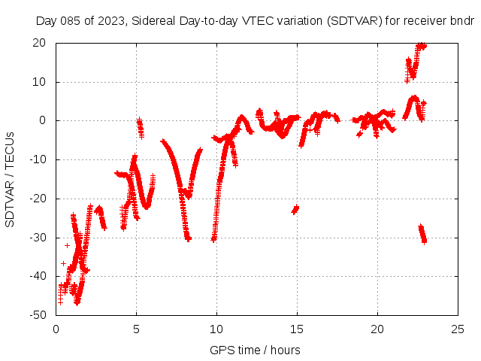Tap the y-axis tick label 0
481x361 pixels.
(x=46, y=121)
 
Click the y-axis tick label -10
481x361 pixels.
(x=41, y=159)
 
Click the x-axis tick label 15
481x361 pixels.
(x=297, y=329)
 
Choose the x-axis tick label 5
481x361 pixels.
(x=136, y=329)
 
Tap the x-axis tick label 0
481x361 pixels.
(x=56, y=329)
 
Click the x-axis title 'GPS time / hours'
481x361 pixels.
(x=256, y=350)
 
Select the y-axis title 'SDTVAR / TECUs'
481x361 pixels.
(x=11, y=179)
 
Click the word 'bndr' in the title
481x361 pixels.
(x=461, y=21)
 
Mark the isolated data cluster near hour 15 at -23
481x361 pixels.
(x=295, y=209)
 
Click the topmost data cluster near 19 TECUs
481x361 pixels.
(x=421, y=47)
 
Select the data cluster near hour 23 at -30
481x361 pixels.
(x=422, y=234)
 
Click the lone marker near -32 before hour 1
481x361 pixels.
(x=68, y=245)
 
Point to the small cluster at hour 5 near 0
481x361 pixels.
(x=140, y=126)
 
